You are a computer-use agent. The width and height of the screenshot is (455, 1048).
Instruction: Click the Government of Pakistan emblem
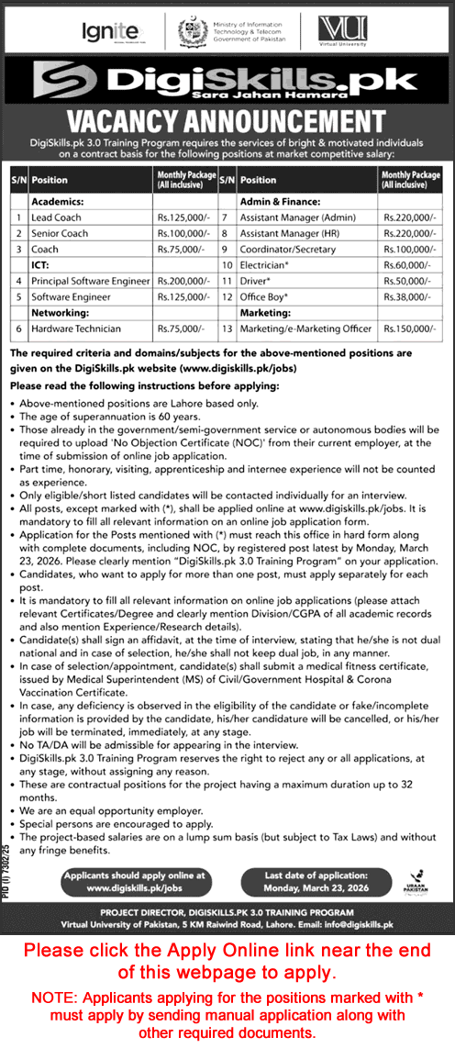click(192, 31)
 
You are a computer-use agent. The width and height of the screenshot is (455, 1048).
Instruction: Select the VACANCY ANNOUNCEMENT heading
click(227, 122)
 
